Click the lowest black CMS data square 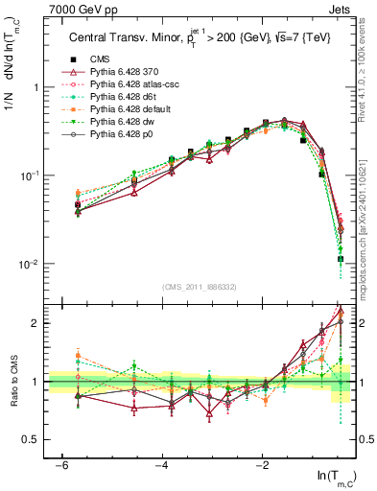pos(341,259)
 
